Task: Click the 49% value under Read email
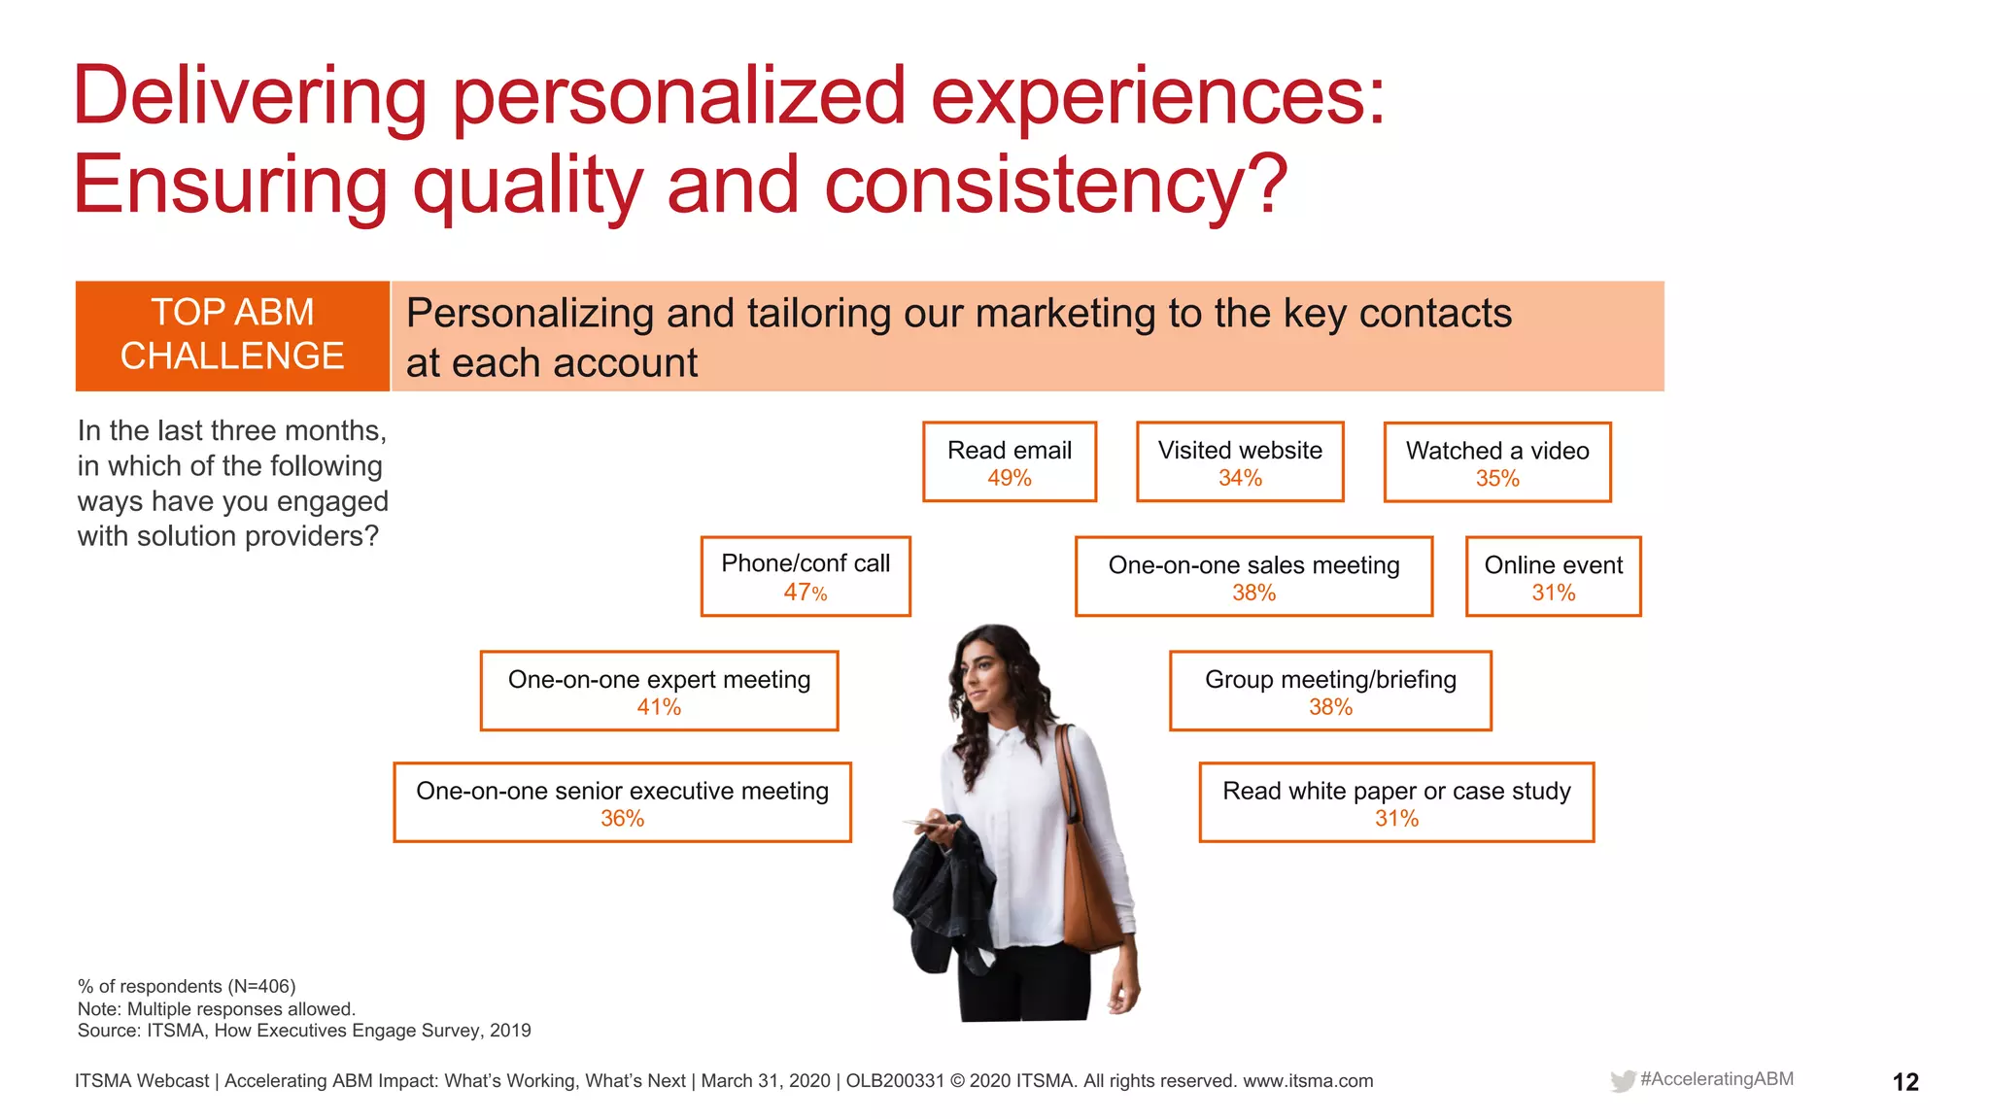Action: pyautogui.click(x=1009, y=478)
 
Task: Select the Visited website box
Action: pyautogui.click(x=1240, y=461)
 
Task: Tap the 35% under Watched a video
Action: pyautogui.click(x=1497, y=479)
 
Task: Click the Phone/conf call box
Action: pyautogui.click(x=806, y=576)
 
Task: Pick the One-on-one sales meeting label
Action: pyautogui.click(x=1253, y=565)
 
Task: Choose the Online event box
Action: pyautogui.click(x=1553, y=576)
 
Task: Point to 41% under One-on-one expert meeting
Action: pyautogui.click(x=659, y=707)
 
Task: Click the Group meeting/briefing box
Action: pyautogui.click(x=1330, y=691)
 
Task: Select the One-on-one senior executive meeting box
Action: pyautogui.click(x=622, y=802)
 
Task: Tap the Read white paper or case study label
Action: pyautogui.click(x=1396, y=791)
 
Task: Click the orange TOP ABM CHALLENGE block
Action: pyautogui.click(x=232, y=335)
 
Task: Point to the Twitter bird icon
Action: pyautogui.click(x=1622, y=1081)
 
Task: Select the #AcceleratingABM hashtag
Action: pyautogui.click(x=1716, y=1079)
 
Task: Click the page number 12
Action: pyautogui.click(x=1904, y=1082)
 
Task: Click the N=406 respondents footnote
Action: pyautogui.click(x=187, y=986)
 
